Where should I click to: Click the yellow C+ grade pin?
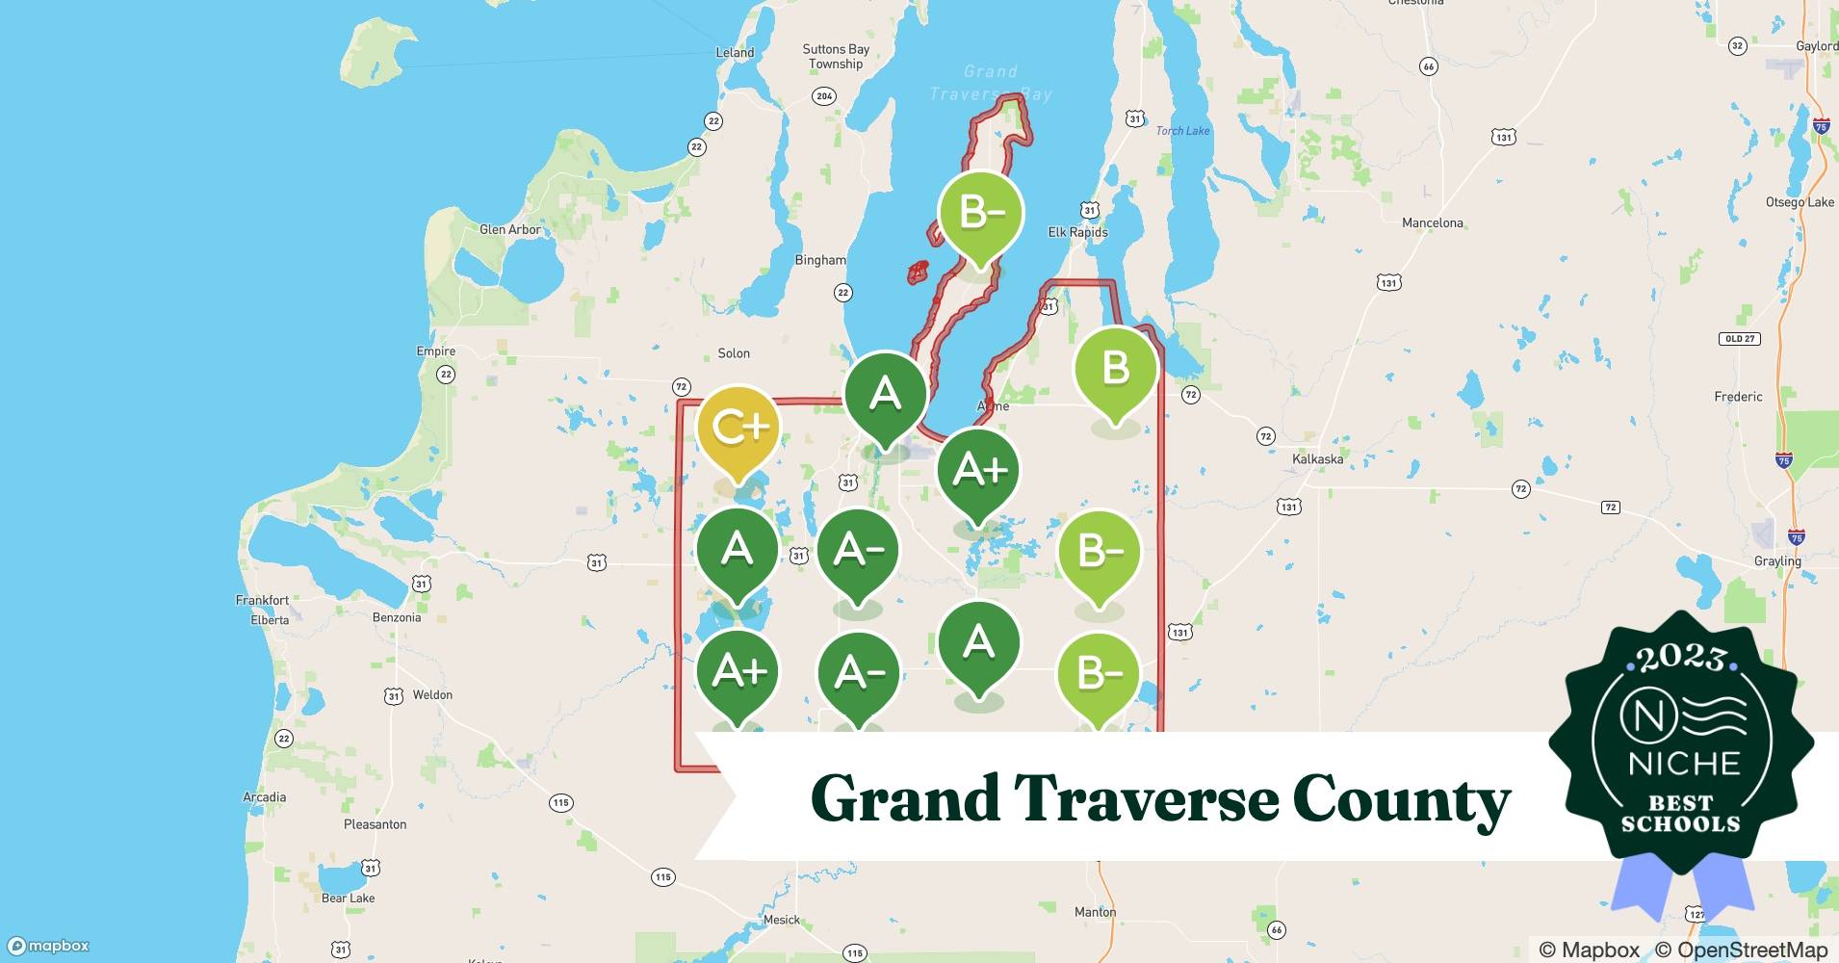click(x=738, y=428)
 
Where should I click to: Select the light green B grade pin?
click(x=1115, y=369)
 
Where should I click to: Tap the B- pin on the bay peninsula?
click(x=979, y=213)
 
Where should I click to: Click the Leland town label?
click(x=735, y=53)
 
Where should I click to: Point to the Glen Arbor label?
click(x=509, y=230)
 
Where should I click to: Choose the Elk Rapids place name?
click(x=1077, y=232)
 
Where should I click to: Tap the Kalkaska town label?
click(x=1317, y=459)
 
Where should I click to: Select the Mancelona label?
click(x=1432, y=223)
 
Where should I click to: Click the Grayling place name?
click(x=1776, y=561)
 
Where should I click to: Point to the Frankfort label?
click(x=262, y=600)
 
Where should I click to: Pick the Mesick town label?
click(x=781, y=920)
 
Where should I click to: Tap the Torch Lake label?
click(x=1182, y=131)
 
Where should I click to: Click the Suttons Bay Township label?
click(x=836, y=57)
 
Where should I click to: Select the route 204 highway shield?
click(x=823, y=96)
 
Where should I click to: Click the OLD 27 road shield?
click(x=1740, y=339)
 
